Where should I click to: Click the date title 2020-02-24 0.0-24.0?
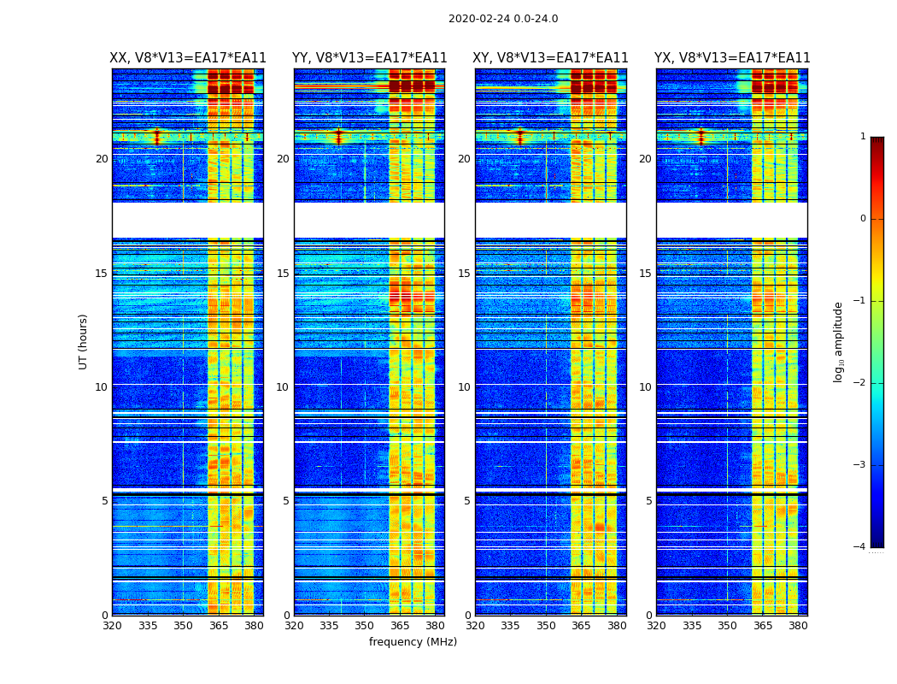coord(503,19)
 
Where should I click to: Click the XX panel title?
coord(188,58)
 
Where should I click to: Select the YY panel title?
coord(369,58)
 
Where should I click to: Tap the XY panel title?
coord(550,58)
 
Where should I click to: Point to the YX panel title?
coord(732,58)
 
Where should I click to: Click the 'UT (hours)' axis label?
coord(84,341)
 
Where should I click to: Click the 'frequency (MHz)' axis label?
coord(413,642)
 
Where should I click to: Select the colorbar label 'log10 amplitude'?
coord(839,341)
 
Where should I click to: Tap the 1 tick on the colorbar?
coord(863,137)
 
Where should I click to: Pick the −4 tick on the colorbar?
coord(860,547)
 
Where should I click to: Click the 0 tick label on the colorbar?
coord(863,219)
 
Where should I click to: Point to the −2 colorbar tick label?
coord(860,383)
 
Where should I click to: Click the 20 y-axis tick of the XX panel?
coord(102,159)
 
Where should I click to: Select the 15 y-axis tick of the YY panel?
coord(283,274)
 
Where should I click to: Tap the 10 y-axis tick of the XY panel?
coord(464,387)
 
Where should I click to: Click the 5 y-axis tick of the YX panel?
coord(648,501)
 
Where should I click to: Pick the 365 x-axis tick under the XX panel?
coord(219,625)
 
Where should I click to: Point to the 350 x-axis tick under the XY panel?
coord(546,625)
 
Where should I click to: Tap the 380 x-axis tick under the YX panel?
coord(798,625)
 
